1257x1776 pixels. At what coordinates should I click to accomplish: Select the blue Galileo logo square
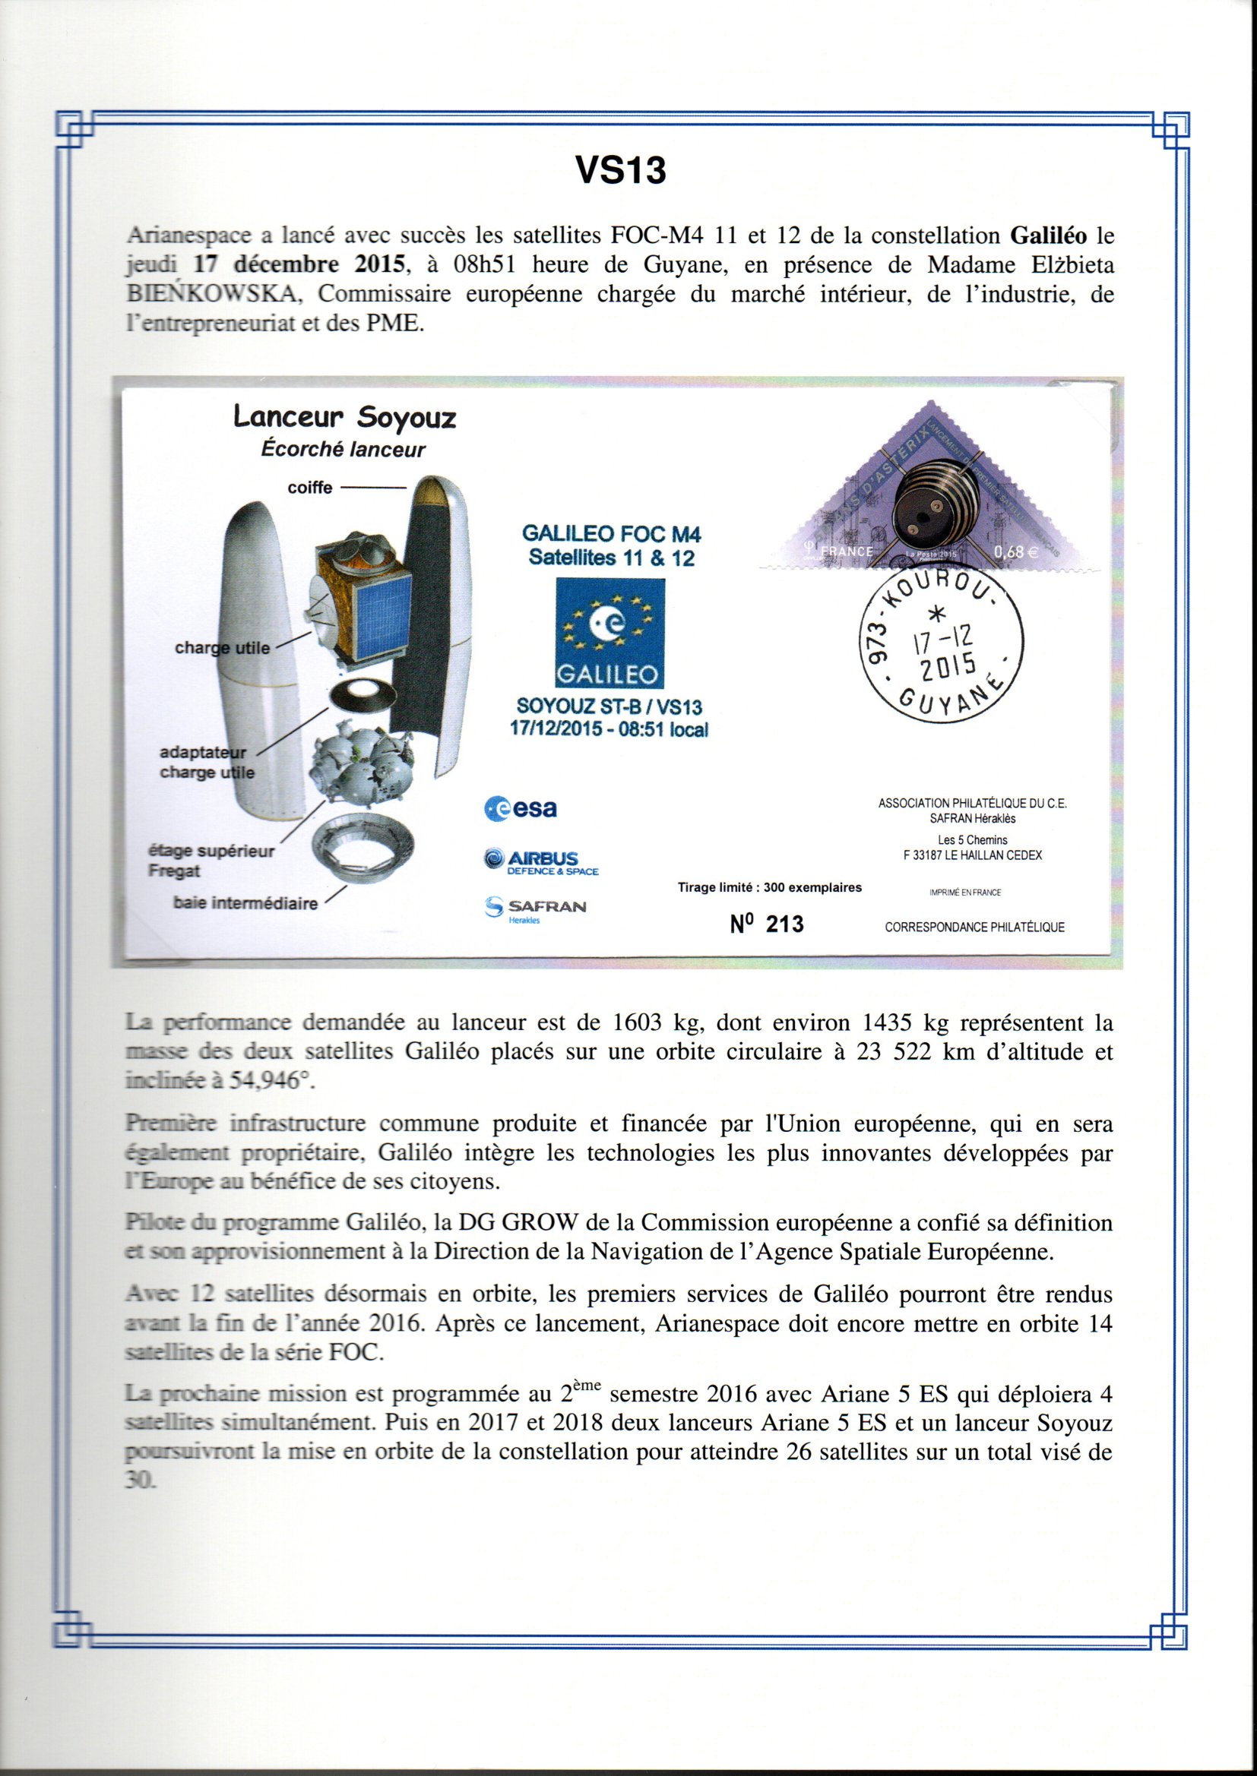[610, 633]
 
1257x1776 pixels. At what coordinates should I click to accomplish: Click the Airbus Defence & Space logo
[541, 861]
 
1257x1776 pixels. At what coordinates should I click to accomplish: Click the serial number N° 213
[766, 924]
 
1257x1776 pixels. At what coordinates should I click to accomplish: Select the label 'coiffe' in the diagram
[309, 488]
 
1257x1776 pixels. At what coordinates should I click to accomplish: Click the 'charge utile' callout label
[222, 648]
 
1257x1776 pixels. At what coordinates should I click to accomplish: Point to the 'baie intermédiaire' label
[245, 903]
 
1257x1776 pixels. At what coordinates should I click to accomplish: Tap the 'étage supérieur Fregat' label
[211, 861]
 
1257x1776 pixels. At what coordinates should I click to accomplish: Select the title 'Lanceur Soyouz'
[344, 418]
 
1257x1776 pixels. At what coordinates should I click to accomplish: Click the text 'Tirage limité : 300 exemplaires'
[769, 888]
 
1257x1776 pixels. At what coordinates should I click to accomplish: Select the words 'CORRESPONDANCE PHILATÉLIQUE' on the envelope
[974, 928]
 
